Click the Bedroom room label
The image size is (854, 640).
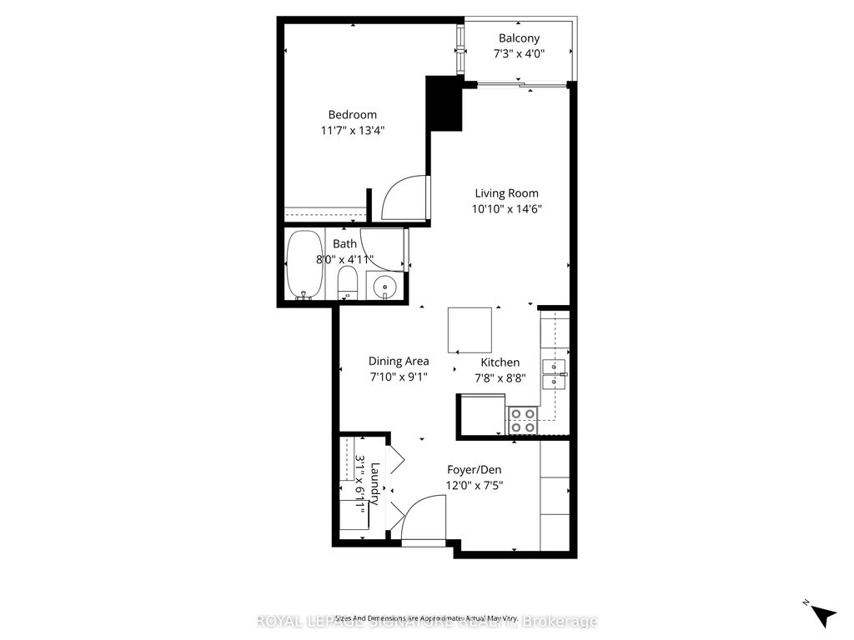[x=352, y=114]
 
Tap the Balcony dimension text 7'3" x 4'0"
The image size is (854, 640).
[x=519, y=54]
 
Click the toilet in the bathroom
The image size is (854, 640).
[x=348, y=283]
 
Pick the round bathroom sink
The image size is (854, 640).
[x=384, y=286]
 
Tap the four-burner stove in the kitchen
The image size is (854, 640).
[x=522, y=420]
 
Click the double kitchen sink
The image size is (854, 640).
[x=555, y=374]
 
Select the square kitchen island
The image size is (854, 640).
[x=470, y=329]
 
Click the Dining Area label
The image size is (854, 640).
[x=399, y=361]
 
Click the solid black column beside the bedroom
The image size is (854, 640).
[x=444, y=102]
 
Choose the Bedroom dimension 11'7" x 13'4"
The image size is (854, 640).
[x=352, y=130]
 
